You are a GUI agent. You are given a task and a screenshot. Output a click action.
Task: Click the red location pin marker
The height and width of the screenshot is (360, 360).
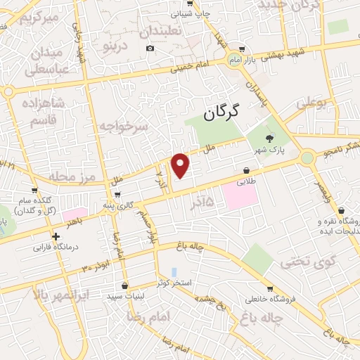click(181, 165)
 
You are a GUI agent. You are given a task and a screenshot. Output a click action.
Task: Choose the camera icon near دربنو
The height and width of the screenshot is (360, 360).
click(149, 48)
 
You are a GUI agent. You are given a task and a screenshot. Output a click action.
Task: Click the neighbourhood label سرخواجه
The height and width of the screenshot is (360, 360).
click(123, 127)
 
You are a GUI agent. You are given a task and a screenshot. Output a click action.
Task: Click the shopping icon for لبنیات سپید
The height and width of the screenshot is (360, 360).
click(124, 286)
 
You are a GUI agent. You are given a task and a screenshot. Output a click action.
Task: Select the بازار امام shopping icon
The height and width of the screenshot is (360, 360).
click(242, 49)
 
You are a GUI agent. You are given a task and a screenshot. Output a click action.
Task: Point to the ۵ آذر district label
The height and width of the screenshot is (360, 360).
click(209, 201)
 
